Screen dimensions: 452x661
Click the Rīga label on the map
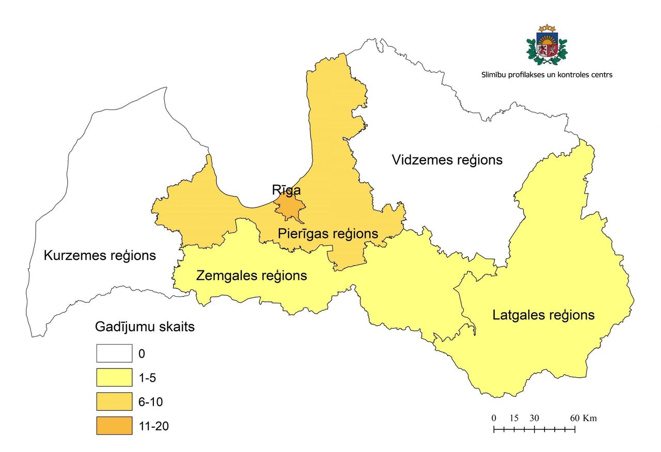[x=286, y=190]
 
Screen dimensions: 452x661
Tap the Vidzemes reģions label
[x=447, y=159]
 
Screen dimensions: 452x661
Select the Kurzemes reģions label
[x=100, y=255]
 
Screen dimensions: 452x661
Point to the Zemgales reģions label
[x=251, y=276]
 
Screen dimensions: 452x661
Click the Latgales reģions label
[x=543, y=315]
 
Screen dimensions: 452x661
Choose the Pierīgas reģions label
[x=328, y=233]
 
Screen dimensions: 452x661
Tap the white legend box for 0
[x=114, y=354]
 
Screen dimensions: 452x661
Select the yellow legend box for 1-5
[x=114, y=378]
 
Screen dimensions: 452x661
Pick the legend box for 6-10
[x=114, y=401]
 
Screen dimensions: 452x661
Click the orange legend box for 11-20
[x=114, y=426]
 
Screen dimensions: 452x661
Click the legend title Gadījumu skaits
[x=145, y=327]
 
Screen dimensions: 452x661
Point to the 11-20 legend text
[x=154, y=426]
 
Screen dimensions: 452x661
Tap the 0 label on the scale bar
[x=494, y=418]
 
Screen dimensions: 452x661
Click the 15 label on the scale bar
[x=514, y=418]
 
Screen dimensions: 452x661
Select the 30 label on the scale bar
[x=534, y=418]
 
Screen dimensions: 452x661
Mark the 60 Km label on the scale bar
[x=583, y=418]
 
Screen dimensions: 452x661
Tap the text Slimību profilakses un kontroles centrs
[x=546, y=74]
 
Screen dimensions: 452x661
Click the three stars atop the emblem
[x=546, y=27]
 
